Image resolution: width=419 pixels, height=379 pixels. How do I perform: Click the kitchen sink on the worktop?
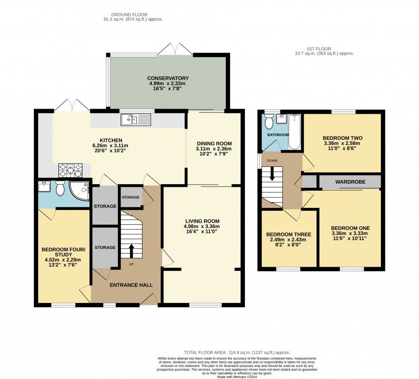[136, 120]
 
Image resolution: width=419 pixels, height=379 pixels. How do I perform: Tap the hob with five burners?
[71, 171]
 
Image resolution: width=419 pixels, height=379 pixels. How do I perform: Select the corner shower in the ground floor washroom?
[79, 191]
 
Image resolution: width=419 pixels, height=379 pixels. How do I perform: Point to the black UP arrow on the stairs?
[131, 250]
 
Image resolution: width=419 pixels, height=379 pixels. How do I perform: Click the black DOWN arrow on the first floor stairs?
[272, 173]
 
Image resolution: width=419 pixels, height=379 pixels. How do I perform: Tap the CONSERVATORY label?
[168, 78]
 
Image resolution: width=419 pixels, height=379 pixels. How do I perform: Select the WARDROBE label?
[350, 182]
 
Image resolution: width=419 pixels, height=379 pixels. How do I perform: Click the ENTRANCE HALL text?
[131, 285]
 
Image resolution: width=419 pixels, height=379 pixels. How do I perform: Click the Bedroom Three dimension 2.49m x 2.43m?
[288, 240]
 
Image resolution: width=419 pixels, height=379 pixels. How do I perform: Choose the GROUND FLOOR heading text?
[129, 15]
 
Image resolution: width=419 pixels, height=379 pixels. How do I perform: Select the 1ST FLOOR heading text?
[319, 49]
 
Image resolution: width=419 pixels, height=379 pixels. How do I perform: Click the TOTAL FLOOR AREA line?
[237, 352]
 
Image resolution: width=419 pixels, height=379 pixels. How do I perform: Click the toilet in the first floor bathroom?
[269, 122]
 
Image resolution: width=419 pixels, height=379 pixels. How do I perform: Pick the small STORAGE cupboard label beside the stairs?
[131, 197]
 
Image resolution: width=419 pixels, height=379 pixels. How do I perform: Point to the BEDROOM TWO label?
[343, 138]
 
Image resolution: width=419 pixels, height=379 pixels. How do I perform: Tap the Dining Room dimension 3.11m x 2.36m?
[214, 149]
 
